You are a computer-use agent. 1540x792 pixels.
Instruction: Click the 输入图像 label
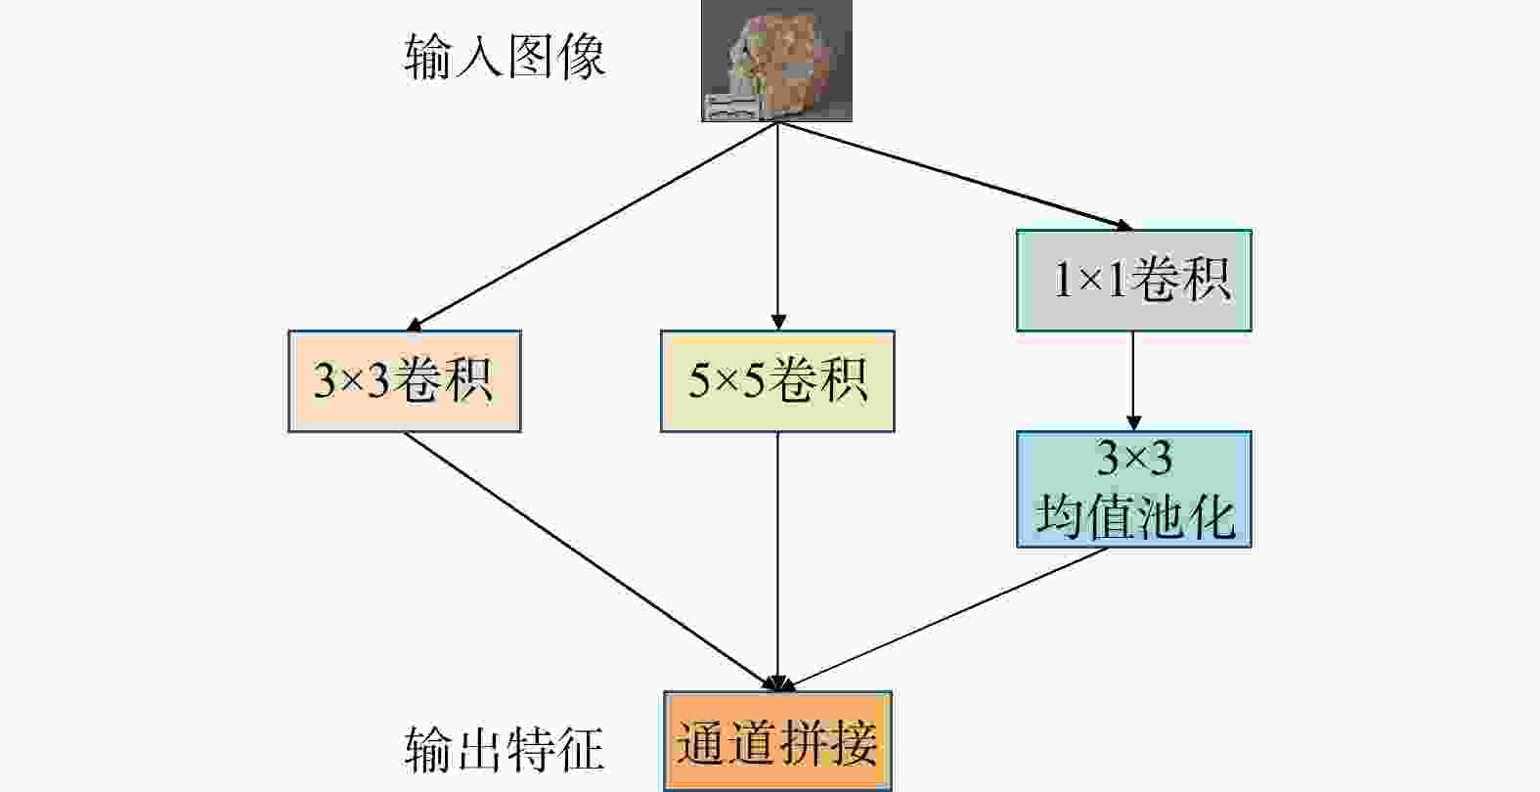click(x=505, y=57)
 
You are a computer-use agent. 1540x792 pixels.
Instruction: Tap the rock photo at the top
click(x=777, y=61)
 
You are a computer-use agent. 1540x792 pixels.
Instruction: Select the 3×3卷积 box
click(x=404, y=381)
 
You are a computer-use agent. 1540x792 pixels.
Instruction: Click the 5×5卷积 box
click(x=777, y=381)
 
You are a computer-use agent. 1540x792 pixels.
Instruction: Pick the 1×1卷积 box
click(x=1133, y=280)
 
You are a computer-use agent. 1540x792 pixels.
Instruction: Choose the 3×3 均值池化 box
click(x=1133, y=489)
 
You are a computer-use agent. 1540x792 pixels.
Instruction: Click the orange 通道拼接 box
click(x=777, y=741)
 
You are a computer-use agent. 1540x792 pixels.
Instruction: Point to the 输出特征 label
click(x=505, y=749)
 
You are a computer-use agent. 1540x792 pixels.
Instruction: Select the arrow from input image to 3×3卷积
click(x=592, y=226)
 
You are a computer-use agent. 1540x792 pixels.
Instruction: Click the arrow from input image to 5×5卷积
click(x=777, y=226)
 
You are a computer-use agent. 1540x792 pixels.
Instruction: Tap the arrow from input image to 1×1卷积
click(x=955, y=176)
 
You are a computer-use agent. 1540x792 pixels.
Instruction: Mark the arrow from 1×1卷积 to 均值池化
click(x=1133, y=381)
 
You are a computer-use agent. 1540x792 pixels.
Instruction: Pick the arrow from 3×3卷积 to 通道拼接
click(x=592, y=561)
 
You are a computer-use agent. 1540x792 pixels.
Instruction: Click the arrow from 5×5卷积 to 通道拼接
click(x=777, y=561)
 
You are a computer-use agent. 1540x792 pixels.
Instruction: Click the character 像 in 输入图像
click(x=583, y=57)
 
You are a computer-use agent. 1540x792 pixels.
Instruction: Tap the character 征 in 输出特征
click(x=581, y=749)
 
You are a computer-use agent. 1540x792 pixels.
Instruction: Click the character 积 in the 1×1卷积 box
click(x=1207, y=279)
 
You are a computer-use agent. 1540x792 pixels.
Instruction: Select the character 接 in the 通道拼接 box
click(x=854, y=742)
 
